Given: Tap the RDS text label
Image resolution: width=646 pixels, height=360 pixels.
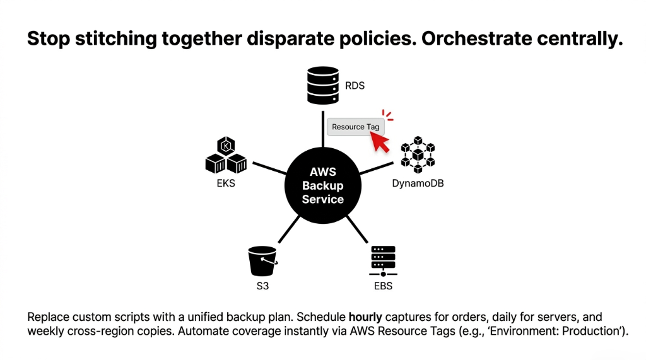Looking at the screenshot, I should (355, 86).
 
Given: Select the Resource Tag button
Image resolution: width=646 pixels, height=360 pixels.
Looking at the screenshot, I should (356, 127).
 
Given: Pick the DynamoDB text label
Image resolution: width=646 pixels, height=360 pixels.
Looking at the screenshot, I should (418, 185).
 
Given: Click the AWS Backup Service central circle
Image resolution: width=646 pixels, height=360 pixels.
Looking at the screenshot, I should (322, 185).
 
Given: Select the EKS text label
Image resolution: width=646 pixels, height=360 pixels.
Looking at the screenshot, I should (225, 185).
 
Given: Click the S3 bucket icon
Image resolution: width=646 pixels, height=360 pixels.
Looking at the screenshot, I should (262, 260).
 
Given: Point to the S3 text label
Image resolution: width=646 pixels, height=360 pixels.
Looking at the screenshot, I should (261, 287).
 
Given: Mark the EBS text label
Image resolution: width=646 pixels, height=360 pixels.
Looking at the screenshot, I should (383, 287).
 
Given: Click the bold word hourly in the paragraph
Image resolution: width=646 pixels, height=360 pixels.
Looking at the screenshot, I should (365, 316).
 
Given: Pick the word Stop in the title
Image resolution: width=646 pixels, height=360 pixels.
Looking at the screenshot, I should (49, 39).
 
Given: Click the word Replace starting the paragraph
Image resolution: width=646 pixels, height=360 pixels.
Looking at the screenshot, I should (46, 316).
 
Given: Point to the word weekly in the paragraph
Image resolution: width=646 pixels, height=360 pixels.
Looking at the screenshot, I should (44, 331).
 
